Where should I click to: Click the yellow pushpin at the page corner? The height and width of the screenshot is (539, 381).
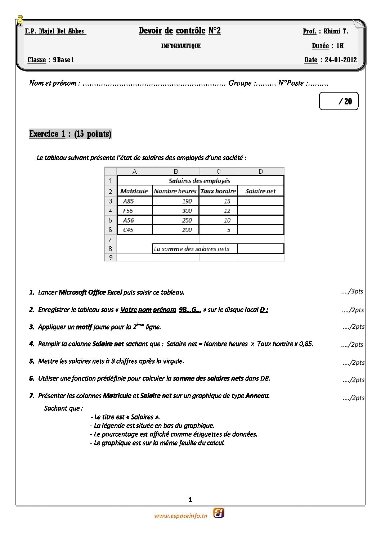21,20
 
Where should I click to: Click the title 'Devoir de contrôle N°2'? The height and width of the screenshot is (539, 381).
180,31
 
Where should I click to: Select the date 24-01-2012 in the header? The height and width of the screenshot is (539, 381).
341,60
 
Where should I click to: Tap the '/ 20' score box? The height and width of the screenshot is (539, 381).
339,101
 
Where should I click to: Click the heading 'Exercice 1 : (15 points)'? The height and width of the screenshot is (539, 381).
70,134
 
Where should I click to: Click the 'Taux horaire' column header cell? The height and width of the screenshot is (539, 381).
218,191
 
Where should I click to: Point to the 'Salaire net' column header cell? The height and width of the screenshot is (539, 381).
260,191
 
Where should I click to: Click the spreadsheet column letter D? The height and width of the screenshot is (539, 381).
261,172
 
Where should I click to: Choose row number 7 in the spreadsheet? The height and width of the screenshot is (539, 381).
110,239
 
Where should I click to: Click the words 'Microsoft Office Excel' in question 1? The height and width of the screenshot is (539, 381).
90,292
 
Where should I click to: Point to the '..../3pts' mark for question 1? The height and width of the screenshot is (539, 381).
352,291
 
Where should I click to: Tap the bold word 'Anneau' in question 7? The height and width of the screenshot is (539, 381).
257,396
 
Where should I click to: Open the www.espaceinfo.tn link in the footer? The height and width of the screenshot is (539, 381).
181,516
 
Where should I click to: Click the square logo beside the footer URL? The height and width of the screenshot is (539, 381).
219,513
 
